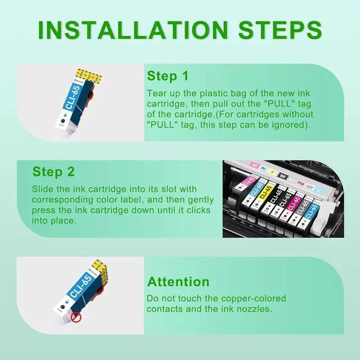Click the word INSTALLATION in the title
point(133,30)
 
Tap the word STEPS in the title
point(280,30)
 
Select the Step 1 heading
point(168,76)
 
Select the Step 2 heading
point(53,172)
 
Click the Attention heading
point(178,282)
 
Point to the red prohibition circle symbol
point(76,318)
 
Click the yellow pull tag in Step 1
point(88,75)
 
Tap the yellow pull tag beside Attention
point(100,269)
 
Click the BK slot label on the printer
point(282,176)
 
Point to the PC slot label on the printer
point(263,169)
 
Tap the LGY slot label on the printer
point(310,187)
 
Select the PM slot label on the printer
point(300,183)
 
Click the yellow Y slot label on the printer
point(272,172)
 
